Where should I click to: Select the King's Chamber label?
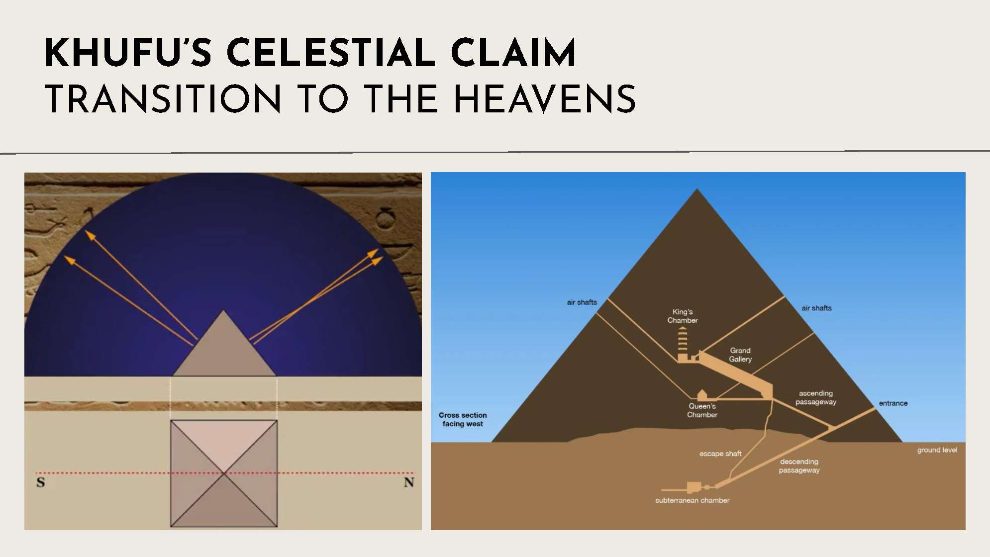683,316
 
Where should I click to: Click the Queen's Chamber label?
702,410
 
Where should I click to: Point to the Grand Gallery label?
740,355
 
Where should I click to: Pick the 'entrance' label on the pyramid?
893,403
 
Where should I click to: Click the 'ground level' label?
937,450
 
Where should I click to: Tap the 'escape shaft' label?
720,454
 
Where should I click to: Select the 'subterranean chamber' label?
692,500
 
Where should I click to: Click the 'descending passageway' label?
799,466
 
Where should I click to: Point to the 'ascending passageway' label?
816,397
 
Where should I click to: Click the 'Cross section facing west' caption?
463,419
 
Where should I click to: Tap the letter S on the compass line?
41,482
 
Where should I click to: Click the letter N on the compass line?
409,482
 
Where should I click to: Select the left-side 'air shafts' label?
582,302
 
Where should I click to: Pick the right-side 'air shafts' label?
816,308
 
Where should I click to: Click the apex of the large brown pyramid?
697,189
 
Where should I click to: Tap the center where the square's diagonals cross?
224,473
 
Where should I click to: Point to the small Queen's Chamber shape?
702,396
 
